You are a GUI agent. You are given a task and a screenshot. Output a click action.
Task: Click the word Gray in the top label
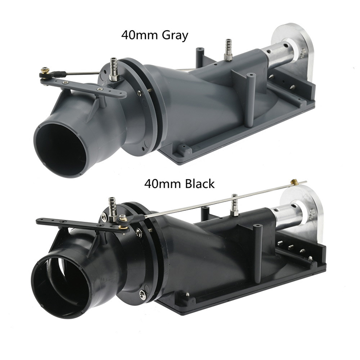175,36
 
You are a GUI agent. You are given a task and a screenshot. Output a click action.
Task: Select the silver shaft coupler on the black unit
288,216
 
